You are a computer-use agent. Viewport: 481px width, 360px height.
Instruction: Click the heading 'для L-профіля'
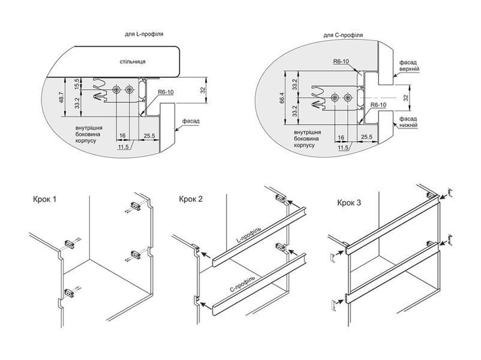[x=144, y=34]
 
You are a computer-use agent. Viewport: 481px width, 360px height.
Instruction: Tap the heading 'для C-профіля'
[x=343, y=35]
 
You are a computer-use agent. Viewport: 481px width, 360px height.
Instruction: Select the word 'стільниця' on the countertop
[x=133, y=61]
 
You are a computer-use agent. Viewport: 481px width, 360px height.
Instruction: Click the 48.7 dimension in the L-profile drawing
[x=62, y=97]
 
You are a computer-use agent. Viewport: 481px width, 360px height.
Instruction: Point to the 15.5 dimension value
[x=77, y=83]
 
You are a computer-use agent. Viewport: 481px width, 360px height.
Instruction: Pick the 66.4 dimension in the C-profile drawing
[x=282, y=98]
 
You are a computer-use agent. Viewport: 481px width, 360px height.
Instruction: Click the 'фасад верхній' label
[x=409, y=65]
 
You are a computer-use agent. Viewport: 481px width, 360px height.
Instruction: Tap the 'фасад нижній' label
[x=408, y=122]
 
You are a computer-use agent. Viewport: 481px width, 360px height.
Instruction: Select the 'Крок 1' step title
[x=45, y=199]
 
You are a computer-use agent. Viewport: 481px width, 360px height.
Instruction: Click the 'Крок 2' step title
[x=191, y=199]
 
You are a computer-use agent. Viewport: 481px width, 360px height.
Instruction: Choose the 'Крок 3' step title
[x=349, y=203]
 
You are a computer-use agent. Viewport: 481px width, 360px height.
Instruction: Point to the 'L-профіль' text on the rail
[x=248, y=235]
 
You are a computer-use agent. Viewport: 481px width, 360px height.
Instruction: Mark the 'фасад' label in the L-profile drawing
[x=191, y=121]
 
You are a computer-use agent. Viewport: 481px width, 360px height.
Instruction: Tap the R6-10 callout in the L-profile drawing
[x=166, y=92]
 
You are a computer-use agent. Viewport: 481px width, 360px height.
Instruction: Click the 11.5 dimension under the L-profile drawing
[x=123, y=147]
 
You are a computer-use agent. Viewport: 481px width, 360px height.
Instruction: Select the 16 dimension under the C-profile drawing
[x=341, y=137]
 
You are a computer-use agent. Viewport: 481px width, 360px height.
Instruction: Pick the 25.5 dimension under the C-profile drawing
[x=366, y=137]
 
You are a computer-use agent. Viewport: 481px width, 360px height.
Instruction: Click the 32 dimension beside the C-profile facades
[x=405, y=98]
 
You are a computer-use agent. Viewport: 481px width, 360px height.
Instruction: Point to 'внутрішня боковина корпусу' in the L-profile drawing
[x=89, y=134]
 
